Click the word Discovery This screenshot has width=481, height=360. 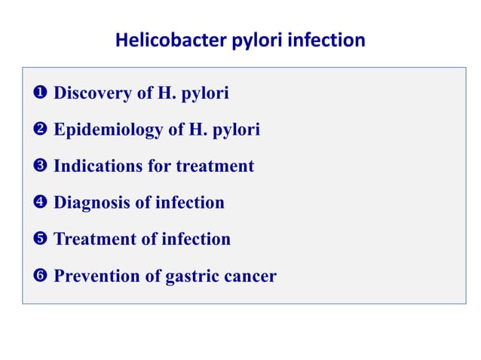90,94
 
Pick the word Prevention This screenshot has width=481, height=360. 97,276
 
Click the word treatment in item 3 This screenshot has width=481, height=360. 215,166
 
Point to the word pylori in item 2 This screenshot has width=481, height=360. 237,130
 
